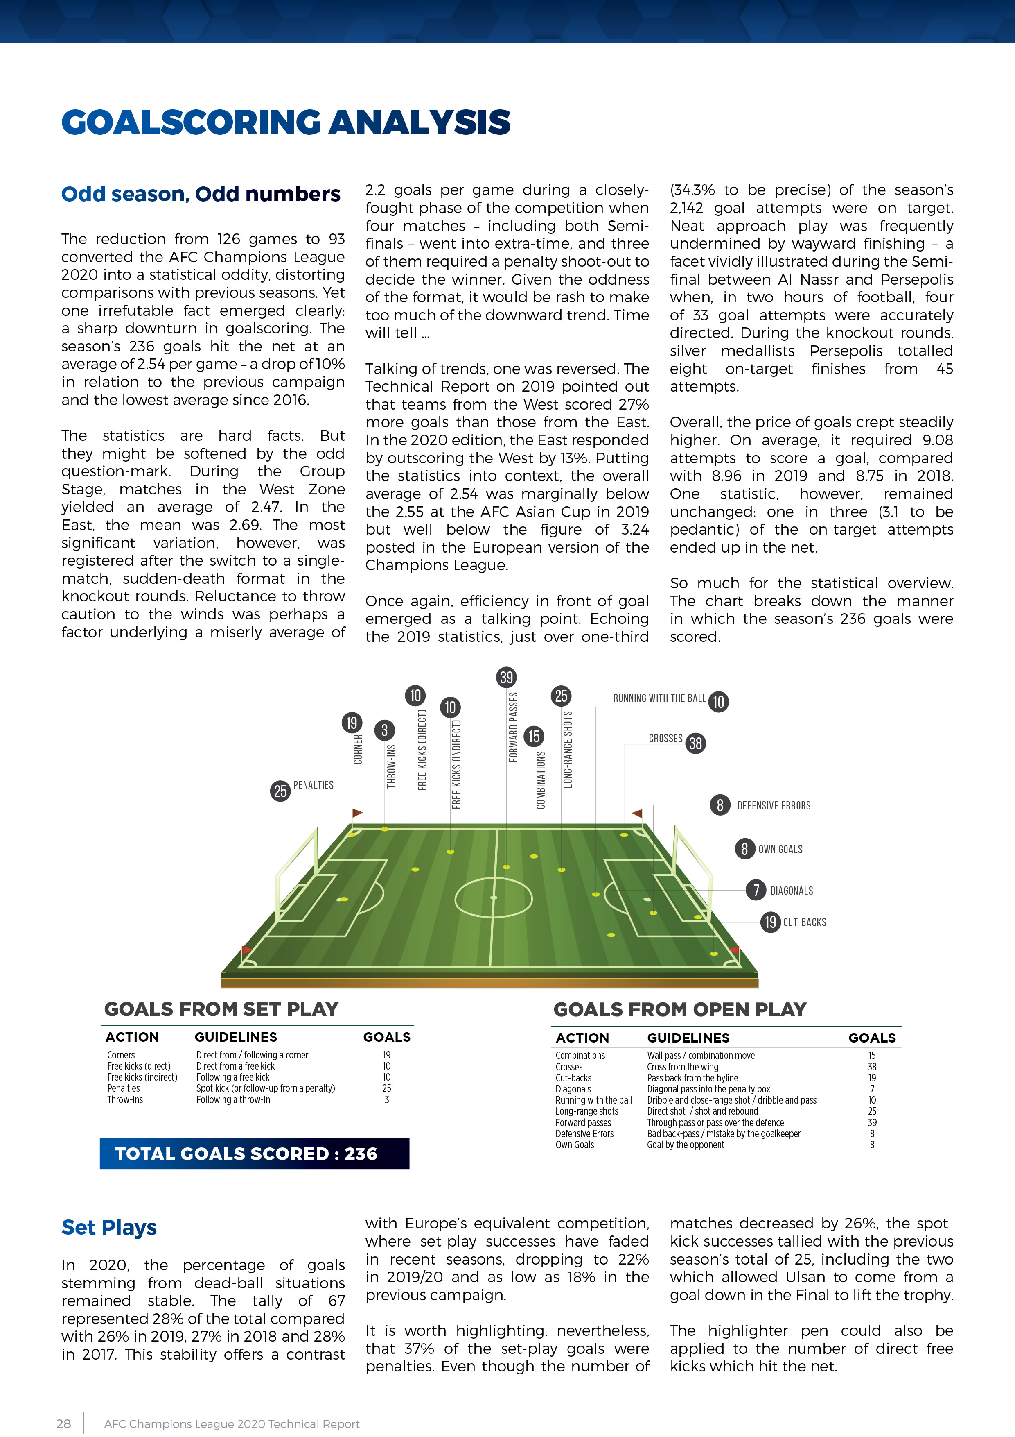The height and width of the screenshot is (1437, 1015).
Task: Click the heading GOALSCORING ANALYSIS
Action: tap(286, 122)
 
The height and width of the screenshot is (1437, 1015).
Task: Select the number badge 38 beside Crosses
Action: tap(695, 743)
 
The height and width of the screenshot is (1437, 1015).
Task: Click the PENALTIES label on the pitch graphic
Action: tap(314, 785)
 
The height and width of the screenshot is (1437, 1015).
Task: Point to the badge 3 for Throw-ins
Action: tap(385, 730)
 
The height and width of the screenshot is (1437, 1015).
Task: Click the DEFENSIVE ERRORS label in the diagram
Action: tap(774, 805)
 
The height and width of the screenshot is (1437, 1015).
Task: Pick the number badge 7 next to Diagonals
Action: tap(756, 890)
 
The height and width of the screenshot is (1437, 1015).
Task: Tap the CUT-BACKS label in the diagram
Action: tap(805, 922)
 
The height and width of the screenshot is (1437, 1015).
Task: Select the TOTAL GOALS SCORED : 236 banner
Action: tap(255, 1154)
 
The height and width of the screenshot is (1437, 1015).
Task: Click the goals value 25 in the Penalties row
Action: tap(386, 1088)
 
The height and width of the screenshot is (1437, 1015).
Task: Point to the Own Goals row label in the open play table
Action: tap(575, 1145)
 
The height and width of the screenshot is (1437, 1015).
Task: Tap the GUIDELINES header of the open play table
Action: tap(688, 1038)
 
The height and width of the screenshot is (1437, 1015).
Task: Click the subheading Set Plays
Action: tap(109, 1227)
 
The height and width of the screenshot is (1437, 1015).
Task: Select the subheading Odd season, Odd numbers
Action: tap(201, 194)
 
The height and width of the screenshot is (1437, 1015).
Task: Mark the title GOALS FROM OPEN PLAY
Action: tap(680, 1009)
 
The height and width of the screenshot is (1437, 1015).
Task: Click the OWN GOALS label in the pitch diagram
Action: tap(780, 849)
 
